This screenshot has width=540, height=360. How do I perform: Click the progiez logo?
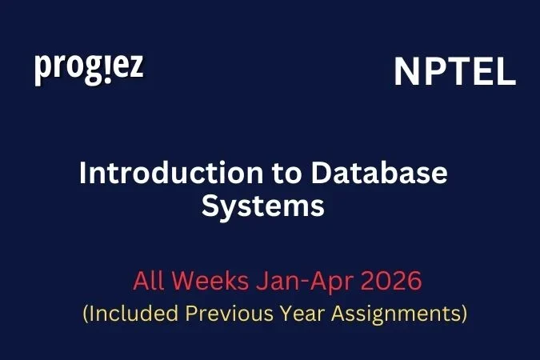point(89,69)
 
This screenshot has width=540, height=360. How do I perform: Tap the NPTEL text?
point(454,73)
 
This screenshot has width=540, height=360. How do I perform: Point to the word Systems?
point(262,206)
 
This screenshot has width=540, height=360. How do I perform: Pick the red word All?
point(148,282)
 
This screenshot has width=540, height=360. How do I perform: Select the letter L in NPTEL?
point(505,73)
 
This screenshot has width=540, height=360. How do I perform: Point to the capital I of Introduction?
point(82,173)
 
